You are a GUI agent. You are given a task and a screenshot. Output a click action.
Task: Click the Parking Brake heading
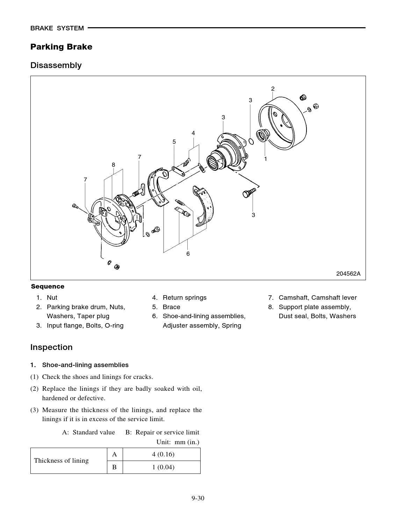coord(61,47)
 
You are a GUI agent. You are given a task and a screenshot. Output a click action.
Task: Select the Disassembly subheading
coord(56,65)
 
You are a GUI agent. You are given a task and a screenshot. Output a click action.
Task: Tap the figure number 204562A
coord(348,274)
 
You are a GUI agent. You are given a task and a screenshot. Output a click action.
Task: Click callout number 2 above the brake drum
coord(273,89)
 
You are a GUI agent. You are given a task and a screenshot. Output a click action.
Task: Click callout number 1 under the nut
coord(265,159)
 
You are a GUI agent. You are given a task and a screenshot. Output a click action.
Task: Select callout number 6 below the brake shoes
coord(188,254)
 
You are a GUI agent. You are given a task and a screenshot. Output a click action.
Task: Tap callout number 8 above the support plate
coord(113,165)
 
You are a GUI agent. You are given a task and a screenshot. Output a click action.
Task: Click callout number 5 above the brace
coord(174,142)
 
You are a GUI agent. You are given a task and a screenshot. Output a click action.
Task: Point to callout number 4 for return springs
coord(193,133)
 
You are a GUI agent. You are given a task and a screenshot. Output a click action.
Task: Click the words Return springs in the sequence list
coord(184,298)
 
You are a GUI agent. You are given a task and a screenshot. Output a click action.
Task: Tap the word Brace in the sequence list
coord(171,307)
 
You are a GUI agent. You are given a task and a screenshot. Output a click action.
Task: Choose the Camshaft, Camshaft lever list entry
coord(317,298)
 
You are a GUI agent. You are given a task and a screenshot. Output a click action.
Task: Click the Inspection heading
coord(51,347)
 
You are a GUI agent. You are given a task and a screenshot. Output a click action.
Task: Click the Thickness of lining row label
coord(61,461)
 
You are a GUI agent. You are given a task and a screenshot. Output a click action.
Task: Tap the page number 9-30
coord(197,498)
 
